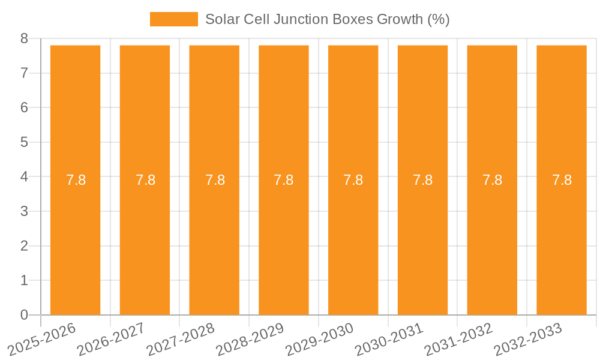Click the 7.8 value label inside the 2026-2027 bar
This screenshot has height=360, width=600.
pos(145,180)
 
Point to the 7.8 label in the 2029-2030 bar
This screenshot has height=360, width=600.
pos(353,180)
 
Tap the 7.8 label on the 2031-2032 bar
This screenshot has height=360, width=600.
pos(492,180)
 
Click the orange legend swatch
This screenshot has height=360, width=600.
pos(173,19)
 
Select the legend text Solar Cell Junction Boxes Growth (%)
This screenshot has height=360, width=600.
pos(327,19)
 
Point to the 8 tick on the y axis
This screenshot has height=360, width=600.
pos(24,39)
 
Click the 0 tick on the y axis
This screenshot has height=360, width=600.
pos(24,315)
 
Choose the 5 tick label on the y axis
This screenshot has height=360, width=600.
pos(24,142)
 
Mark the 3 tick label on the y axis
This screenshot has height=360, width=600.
pos(24,211)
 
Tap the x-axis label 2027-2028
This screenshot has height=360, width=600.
pos(181,340)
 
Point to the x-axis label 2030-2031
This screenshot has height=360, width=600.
pos(389,340)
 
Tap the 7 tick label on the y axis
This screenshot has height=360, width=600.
pos(24,73)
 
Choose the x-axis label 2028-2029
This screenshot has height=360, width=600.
pos(250,340)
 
